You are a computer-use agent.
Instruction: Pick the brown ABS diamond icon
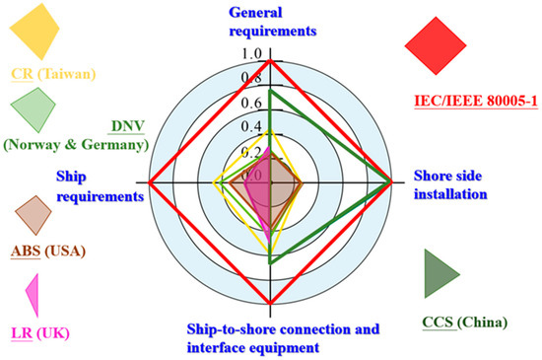pos(34,213)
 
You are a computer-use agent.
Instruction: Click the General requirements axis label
pos(272,21)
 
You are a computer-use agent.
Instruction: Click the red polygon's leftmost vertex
pos(149,182)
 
